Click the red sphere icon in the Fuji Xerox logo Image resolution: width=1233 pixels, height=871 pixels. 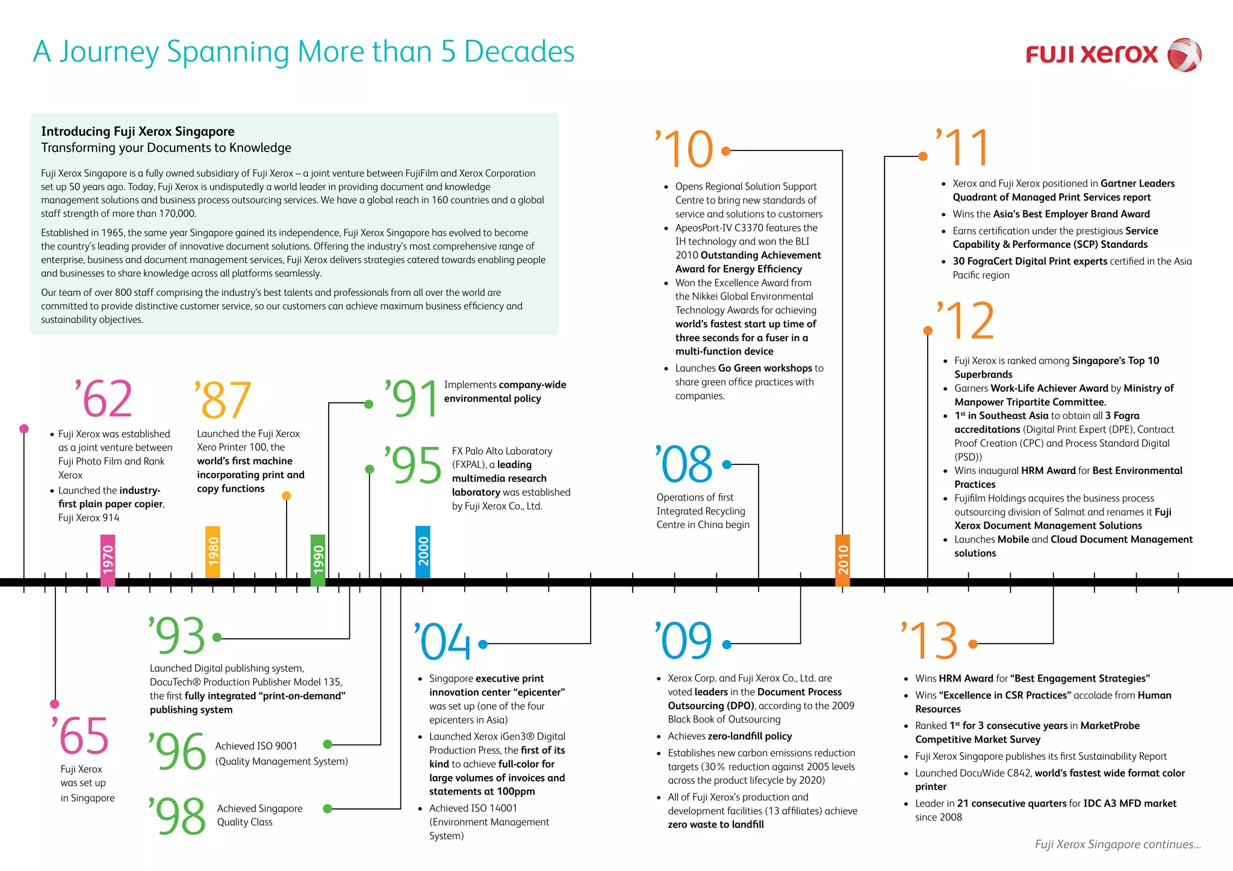click(x=1184, y=55)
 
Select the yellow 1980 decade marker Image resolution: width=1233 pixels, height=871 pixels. click(x=213, y=552)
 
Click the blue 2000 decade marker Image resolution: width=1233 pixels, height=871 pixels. click(x=423, y=552)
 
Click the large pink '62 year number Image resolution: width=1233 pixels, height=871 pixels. click(x=103, y=398)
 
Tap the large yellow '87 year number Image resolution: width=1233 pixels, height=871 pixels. click(x=222, y=400)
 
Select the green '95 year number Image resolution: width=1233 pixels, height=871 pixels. click(x=413, y=465)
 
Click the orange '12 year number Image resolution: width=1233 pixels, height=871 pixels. click(x=965, y=321)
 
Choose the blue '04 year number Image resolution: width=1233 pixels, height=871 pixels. click(x=443, y=641)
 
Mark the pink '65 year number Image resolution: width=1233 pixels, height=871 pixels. click(x=80, y=735)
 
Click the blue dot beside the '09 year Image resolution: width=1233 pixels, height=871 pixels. click(x=727, y=644)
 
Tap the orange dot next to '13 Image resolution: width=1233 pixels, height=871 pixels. click(x=973, y=644)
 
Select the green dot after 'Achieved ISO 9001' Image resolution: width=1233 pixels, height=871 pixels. click(x=328, y=744)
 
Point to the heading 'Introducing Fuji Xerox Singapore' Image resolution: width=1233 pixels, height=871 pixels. click(x=138, y=132)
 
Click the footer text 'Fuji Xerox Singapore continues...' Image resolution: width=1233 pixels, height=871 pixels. click(x=1118, y=845)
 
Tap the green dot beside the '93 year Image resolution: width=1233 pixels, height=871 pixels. click(x=217, y=637)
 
